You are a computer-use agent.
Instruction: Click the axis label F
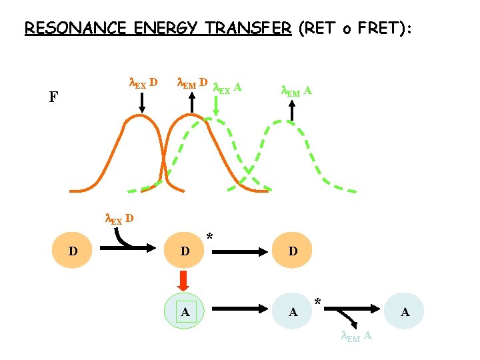[x=53, y=98]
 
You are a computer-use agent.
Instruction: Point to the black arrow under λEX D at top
[x=142, y=103]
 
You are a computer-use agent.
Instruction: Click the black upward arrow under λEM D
[x=192, y=103]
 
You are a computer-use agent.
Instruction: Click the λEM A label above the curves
[x=297, y=90]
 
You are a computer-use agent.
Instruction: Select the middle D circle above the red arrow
[x=185, y=251]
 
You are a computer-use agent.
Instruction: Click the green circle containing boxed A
[x=186, y=311]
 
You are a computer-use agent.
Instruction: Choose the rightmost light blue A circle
[x=404, y=311]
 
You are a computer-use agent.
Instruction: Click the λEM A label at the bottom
[x=356, y=337]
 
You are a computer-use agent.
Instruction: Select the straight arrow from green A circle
[x=240, y=311]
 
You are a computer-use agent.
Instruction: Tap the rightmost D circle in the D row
[x=292, y=251]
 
